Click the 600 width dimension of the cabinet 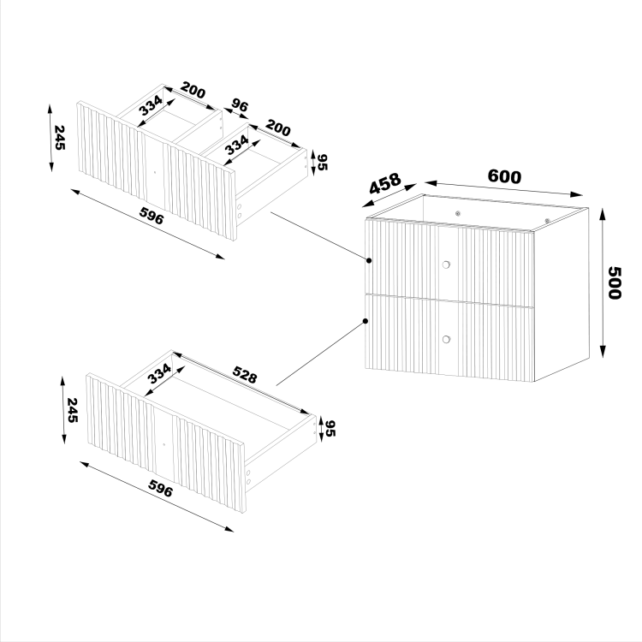tap(504, 176)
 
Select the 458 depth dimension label tap(385, 183)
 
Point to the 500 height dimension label tap(614, 283)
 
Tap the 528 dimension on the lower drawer tap(245, 374)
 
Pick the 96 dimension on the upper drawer tap(240, 105)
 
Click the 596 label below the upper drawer tap(152, 216)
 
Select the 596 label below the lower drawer tap(160, 488)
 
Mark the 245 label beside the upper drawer tap(59, 138)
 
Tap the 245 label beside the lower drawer tap(72, 410)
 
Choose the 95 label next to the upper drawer tap(323, 162)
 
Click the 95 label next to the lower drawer tap(330, 429)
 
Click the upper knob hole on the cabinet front tap(446, 265)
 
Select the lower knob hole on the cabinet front tap(446, 340)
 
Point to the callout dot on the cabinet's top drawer tap(369, 260)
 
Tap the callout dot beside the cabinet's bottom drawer tap(366, 321)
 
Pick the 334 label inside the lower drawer tap(159, 373)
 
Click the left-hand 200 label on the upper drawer tap(193, 90)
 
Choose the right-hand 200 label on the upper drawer tap(278, 128)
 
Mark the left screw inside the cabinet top tap(458, 213)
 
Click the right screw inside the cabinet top tap(547, 221)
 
